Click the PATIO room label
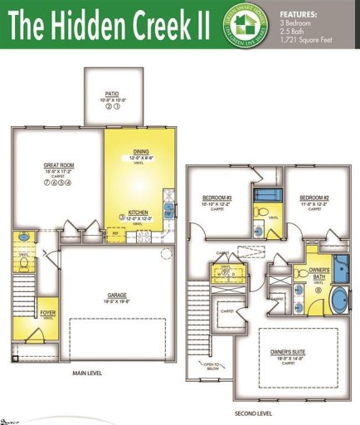[x=113, y=95]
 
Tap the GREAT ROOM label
[x=56, y=166]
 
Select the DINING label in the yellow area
[x=141, y=152]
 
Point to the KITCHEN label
[x=138, y=212]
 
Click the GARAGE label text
[x=116, y=296]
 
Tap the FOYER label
[x=47, y=313]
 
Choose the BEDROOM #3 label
[x=217, y=198]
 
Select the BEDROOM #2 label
[x=313, y=198]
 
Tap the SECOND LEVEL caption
[x=253, y=413]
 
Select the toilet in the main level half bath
[x=24, y=264]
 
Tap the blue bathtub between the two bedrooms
[x=266, y=197]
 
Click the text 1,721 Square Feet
[x=310, y=40]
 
